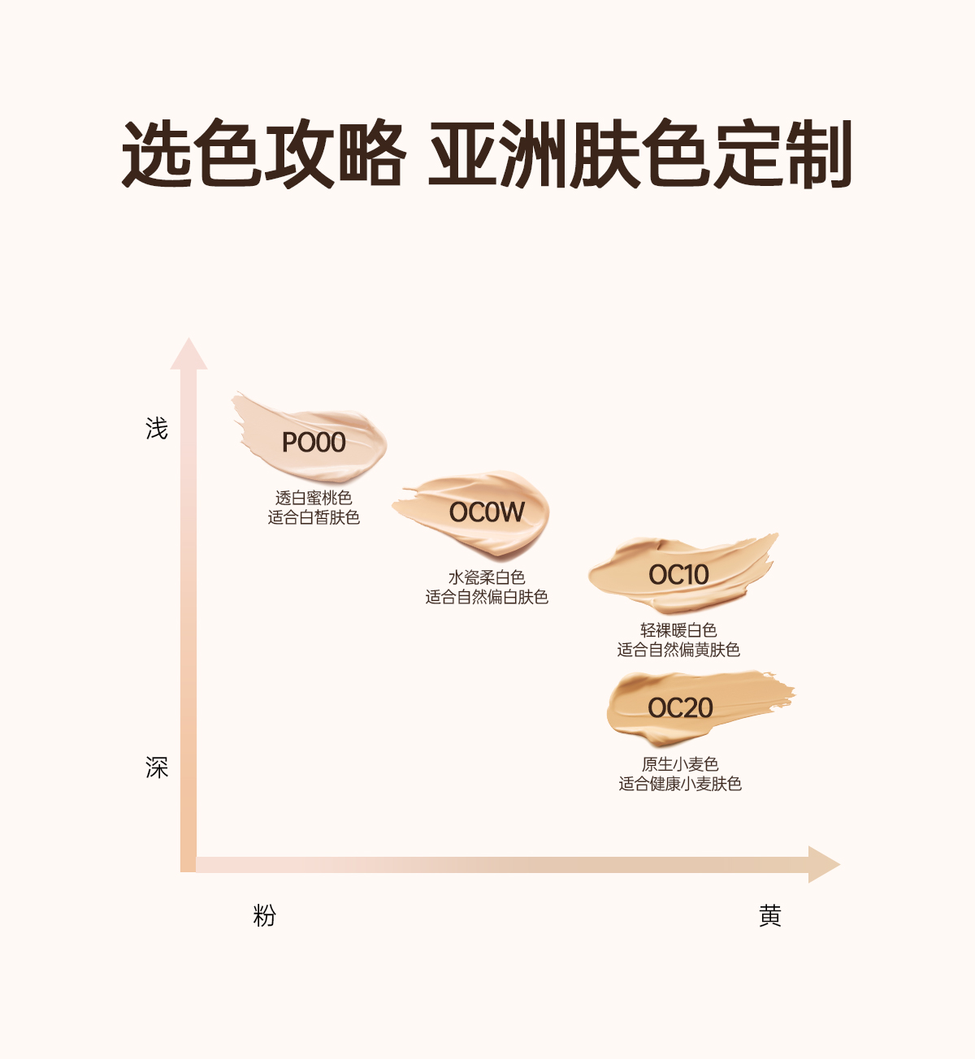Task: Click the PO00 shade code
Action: [314, 443]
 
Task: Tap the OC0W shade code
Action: [487, 512]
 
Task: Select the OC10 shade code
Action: [678, 575]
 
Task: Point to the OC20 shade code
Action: [680, 708]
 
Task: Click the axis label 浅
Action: [157, 428]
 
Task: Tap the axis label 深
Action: [157, 767]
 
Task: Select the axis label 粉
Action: [265, 916]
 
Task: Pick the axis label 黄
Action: [769, 916]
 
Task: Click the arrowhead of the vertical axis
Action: [188, 355]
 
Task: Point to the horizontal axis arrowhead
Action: [822, 864]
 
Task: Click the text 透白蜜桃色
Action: [314, 498]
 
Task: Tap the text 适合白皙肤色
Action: [314, 517]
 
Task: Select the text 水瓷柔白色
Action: [487, 577]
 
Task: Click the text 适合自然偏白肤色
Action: [487, 597]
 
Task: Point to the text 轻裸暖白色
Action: [678, 630]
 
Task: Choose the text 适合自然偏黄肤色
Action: [678, 650]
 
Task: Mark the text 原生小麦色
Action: [680, 764]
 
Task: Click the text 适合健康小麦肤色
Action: [680, 784]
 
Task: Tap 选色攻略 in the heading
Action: [263, 154]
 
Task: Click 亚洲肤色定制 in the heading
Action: [640, 154]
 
